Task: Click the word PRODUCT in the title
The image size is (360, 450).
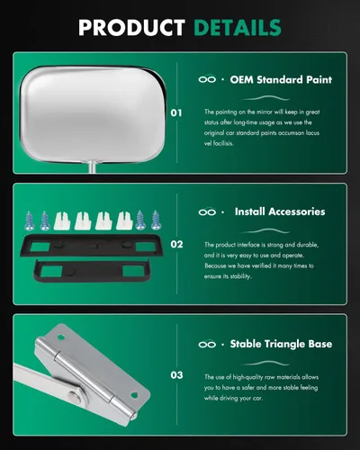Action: [x=131, y=28]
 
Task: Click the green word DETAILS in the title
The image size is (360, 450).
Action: [x=238, y=28]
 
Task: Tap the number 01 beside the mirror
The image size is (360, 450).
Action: [x=176, y=113]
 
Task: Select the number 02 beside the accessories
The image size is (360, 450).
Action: [x=176, y=244]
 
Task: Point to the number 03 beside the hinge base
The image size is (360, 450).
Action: [x=176, y=375]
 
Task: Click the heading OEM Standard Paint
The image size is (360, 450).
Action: [x=281, y=80]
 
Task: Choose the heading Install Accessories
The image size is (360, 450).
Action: [x=280, y=211]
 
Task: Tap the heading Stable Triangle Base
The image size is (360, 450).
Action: [x=281, y=344]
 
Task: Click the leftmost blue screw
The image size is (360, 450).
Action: [x=30, y=220]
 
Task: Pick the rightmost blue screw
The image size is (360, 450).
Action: [x=156, y=220]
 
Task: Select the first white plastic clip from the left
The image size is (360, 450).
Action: [x=62, y=220]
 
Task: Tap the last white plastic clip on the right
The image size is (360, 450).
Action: [x=124, y=220]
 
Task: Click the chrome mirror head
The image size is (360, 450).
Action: [x=93, y=114]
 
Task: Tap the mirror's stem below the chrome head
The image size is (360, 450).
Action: [x=92, y=167]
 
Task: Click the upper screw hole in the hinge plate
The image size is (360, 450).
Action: [x=61, y=337]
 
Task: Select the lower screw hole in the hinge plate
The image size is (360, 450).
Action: [x=134, y=394]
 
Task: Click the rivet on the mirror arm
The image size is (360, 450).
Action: [x=74, y=395]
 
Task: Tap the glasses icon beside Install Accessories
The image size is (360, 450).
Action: [x=207, y=211]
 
